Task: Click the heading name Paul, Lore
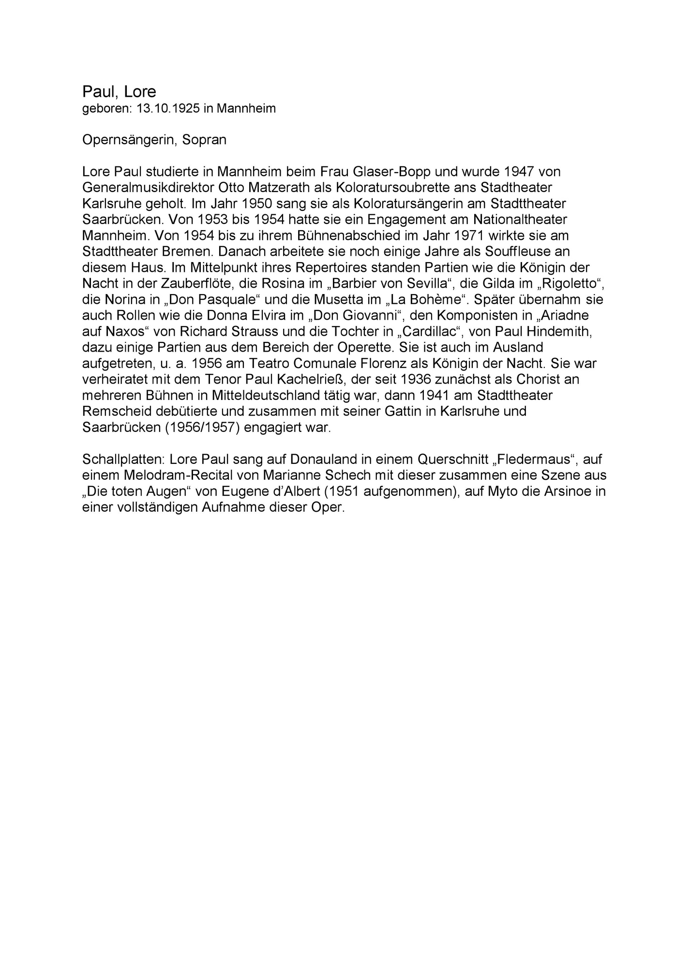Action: [119, 91]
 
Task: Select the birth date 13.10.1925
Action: [168, 108]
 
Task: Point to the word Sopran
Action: [204, 140]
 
